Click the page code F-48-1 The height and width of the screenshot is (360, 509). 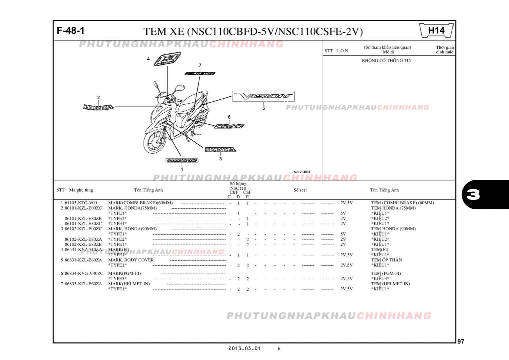(71, 31)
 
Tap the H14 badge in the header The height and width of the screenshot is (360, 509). (436, 31)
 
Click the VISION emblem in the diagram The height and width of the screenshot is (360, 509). (263, 96)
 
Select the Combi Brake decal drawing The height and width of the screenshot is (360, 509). (182, 160)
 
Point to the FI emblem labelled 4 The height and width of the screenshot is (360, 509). (167, 59)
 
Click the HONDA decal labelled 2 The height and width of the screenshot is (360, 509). (98, 107)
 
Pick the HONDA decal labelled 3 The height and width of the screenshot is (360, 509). (220, 150)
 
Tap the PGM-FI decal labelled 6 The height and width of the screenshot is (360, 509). (229, 126)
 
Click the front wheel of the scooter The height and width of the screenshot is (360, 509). (155, 142)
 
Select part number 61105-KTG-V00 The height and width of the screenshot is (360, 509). (81, 203)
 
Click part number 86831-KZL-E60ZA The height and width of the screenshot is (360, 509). (83, 260)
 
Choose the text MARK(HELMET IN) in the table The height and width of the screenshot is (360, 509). (129, 284)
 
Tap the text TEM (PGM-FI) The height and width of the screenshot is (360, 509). (386, 273)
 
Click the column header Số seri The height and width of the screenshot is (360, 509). (300, 190)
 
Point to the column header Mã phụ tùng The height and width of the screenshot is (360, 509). (81, 190)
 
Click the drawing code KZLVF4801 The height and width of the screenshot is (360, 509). (302, 172)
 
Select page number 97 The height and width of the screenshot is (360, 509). (461, 341)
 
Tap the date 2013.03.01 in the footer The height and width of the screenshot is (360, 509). (245, 348)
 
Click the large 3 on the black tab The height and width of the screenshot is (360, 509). (473, 194)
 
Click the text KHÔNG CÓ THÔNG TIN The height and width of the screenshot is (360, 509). (386, 60)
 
